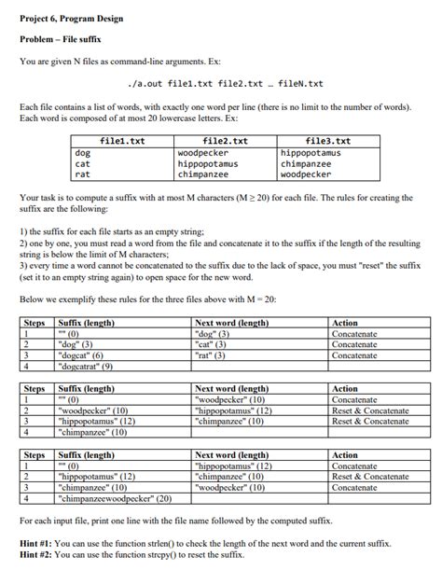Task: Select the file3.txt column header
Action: click(329, 141)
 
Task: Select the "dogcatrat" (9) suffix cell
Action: click(89, 367)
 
